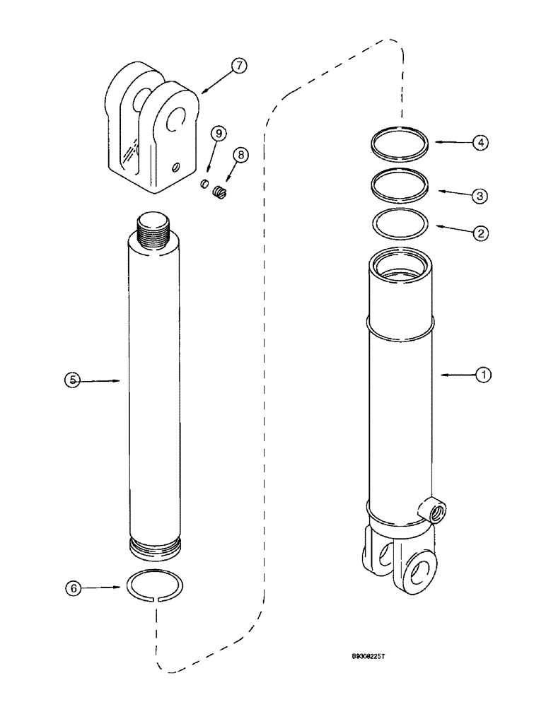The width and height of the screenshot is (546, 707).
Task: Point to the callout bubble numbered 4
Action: pos(482,142)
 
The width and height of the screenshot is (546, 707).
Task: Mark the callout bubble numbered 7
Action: pos(238,66)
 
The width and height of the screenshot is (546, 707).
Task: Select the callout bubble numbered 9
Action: pos(218,133)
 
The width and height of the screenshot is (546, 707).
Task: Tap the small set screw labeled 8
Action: pos(219,192)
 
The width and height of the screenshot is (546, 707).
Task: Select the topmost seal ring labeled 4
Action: pos(400,145)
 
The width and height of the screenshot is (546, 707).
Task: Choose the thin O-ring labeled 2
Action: pos(400,224)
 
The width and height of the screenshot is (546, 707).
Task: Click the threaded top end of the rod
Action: pos(156,228)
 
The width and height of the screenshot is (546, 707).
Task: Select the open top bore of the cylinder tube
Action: pos(400,264)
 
